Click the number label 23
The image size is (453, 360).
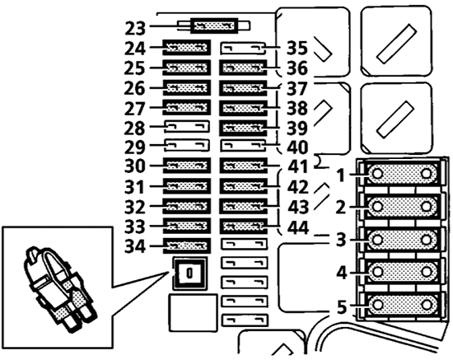click(x=135, y=28)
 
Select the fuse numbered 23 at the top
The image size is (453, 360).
click(x=214, y=26)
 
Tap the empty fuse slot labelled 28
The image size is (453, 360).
click(x=187, y=127)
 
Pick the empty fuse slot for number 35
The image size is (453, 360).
click(x=243, y=49)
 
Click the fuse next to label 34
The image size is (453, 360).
click(x=187, y=245)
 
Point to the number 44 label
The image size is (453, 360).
click(x=298, y=227)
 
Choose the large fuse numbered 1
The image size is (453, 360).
click(x=402, y=174)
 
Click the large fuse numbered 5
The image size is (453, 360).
click(x=402, y=305)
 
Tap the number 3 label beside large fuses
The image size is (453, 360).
click(x=341, y=240)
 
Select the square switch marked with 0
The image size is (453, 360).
click(x=189, y=273)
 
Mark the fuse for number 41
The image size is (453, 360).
click(x=244, y=166)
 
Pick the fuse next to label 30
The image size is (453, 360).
click(x=187, y=166)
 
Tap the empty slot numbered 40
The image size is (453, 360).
click(x=243, y=146)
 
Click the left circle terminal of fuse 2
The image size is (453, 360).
click(x=377, y=207)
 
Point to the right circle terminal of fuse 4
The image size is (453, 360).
click(x=426, y=272)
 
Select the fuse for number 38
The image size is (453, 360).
click(x=244, y=108)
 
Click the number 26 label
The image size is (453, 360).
click(x=134, y=88)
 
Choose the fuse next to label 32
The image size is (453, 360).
click(x=187, y=206)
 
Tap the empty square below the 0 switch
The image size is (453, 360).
click(x=193, y=312)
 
